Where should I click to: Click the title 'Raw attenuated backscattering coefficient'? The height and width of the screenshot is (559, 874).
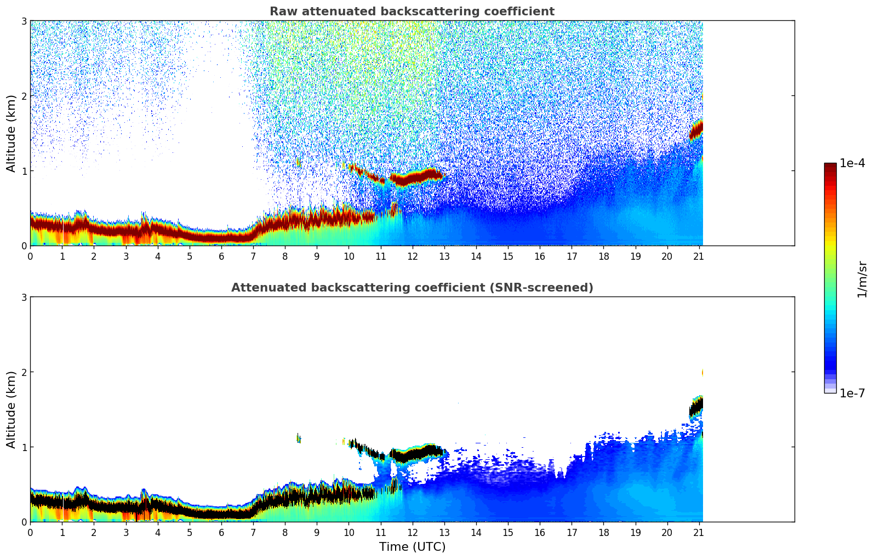[x=412, y=12]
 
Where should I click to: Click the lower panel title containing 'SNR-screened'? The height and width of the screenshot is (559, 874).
[x=412, y=288]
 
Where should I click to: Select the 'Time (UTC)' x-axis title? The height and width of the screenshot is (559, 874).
[x=412, y=547]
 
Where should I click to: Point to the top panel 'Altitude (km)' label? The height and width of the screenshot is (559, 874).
[x=12, y=133]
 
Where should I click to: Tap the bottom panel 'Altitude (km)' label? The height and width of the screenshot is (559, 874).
[x=12, y=409]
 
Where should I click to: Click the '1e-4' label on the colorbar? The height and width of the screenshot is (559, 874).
[x=852, y=163]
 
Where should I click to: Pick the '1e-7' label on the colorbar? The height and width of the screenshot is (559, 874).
[x=852, y=393]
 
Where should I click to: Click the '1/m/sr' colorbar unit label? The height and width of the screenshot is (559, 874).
[x=862, y=279]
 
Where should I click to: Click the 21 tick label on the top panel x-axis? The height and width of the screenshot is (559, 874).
[x=699, y=256]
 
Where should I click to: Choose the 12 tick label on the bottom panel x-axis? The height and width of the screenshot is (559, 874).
[x=412, y=532]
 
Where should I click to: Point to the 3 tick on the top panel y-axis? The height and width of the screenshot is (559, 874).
[x=24, y=21]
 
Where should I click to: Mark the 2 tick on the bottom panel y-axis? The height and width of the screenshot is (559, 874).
[x=24, y=372]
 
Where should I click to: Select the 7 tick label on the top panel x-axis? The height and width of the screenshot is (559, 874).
[x=253, y=256]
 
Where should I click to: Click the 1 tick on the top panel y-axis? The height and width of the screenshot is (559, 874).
[x=24, y=171]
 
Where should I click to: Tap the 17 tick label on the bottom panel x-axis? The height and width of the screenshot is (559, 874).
[x=572, y=532]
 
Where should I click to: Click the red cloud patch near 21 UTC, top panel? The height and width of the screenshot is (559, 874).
[x=696, y=130]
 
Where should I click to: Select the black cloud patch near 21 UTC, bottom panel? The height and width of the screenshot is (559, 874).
[x=696, y=407]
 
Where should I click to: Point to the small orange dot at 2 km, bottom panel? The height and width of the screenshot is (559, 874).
[x=702, y=373]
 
